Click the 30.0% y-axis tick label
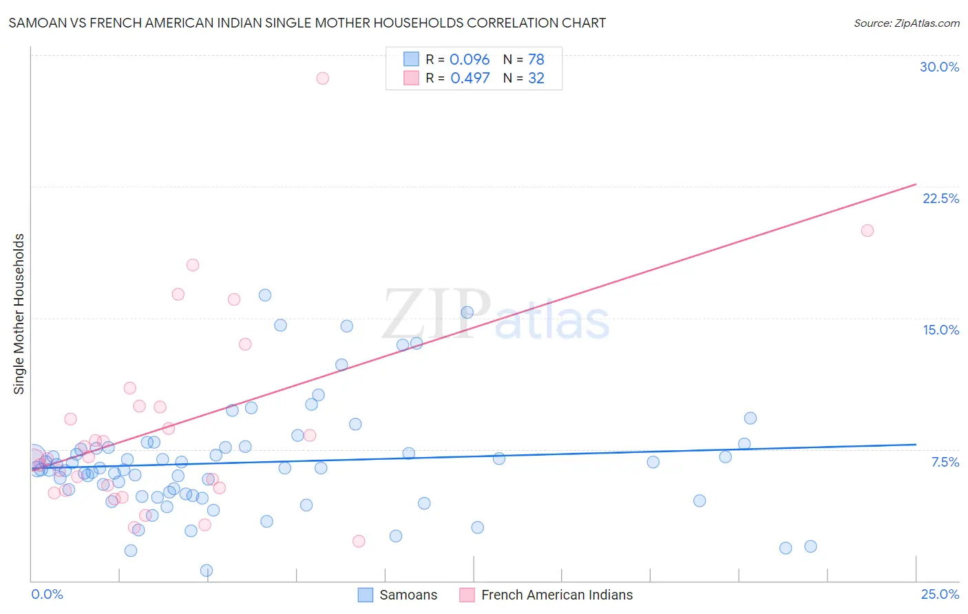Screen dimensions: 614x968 pyautogui.click(x=939, y=67)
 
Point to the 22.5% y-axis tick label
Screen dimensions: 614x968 pyautogui.click(x=940, y=198)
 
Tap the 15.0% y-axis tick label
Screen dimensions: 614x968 pyautogui.click(x=940, y=330)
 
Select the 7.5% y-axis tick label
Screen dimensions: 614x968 pyautogui.click(x=945, y=462)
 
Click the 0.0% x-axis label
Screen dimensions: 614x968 pyautogui.click(x=47, y=594)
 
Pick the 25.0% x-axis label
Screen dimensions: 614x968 pyautogui.click(x=940, y=594)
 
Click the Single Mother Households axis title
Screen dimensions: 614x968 pyautogui.click(x=19, y=314)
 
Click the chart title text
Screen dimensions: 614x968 pyautogui.click(x=307, y=23)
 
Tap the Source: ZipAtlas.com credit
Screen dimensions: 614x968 pyautogui.click(x=906, y=23)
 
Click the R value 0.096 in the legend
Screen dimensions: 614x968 pyautogui.click(x=470, y=60)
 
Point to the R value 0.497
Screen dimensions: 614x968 pyautogui.click(x=470, y=78)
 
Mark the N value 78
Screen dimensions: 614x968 pyautogui.click(x=536, y=60)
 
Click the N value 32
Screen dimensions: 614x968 pyautogui.click(x=536, y=78)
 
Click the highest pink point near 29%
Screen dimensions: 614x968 pyautogui.click(x=322, y=78)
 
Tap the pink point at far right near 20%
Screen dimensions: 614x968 pyautogui.click(x=867, y=231)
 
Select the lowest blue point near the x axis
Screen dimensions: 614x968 pyautogui.click(x=207, y=571)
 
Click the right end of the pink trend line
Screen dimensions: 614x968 pyautogui.click(x=916, y=184)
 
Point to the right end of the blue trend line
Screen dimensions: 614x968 pyautogui.click(x=916, y=445)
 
